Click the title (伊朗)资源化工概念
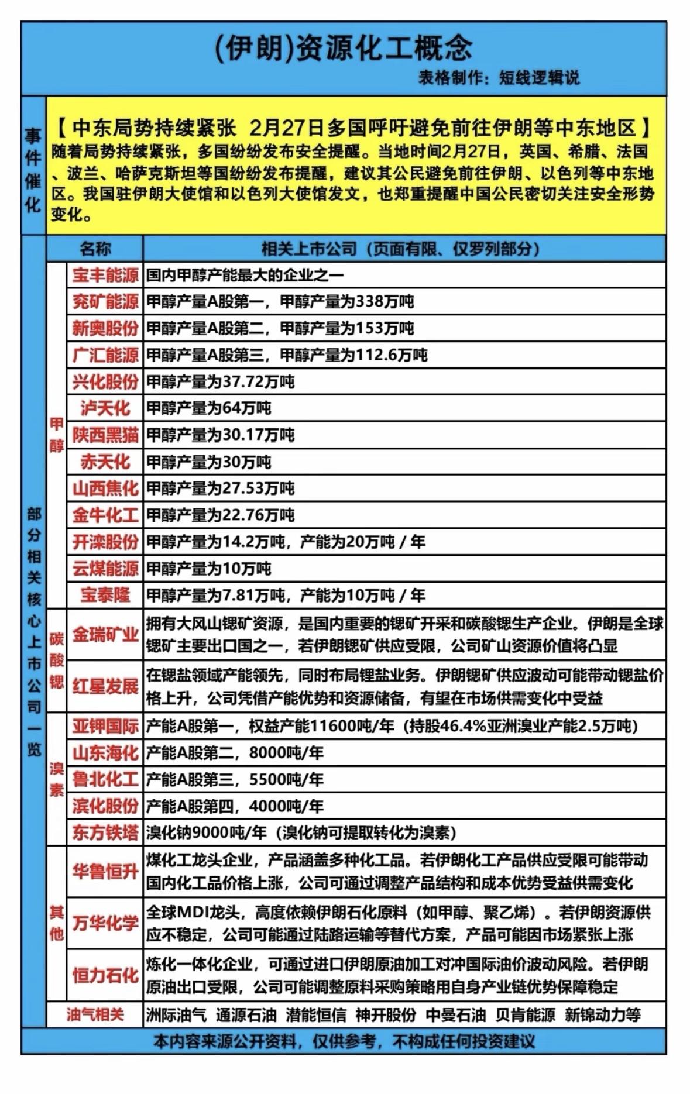(344, 48)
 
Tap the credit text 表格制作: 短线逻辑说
(498, 78)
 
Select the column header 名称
(95, 249)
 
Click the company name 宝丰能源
(105, 275)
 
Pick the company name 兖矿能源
(105, 302)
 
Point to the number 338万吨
(385, 302)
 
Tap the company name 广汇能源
(105, 355)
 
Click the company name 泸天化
(105, 408)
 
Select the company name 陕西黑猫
(105, 435)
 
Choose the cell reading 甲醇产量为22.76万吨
(220, 515)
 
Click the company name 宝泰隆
(105, 596)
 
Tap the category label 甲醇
(57, 435)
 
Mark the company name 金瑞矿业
(105, 635)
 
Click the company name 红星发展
(105, 686)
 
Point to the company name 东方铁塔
(105, 832)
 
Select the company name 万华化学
(105, 923)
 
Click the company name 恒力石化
(105, 975)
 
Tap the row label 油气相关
(95, 1014)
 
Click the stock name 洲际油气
(176, 1015)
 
